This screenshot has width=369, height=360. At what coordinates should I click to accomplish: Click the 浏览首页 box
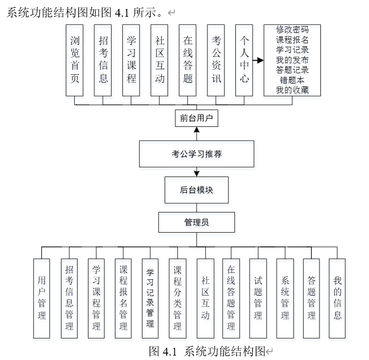coord(75,60)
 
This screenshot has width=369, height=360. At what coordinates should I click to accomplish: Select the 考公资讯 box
coord(216,60)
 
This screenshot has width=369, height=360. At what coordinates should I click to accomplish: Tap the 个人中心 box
coord(244,60)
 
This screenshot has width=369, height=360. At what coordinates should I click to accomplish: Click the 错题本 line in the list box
coord(292,80)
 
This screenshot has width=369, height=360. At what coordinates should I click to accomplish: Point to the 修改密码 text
coord(292,30)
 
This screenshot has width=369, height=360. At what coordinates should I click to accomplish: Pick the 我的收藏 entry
coord(292,90)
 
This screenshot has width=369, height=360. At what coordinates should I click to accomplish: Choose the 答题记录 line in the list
coord(292,69)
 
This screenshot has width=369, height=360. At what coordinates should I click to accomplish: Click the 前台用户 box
coord(197,119)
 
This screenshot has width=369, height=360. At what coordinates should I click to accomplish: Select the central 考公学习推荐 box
coord(197,154)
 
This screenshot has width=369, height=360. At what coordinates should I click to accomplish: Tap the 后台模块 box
coord(197,190)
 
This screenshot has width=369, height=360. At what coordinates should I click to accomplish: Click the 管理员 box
coord(197,222)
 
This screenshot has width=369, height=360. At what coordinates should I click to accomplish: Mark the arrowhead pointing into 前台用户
coord(197,130)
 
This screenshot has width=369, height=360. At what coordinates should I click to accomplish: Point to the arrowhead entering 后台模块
coord(197,173)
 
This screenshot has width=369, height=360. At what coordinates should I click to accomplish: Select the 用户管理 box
coord(42,299)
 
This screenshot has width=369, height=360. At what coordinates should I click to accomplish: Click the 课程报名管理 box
coord(123,299)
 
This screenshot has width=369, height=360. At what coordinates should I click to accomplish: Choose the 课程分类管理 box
coord(177,299)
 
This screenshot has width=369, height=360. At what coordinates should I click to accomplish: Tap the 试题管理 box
coord(258,299)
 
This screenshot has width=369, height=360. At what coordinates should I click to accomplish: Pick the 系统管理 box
coord(285,299)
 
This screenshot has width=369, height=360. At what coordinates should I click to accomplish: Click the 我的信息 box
coord(338,299)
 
